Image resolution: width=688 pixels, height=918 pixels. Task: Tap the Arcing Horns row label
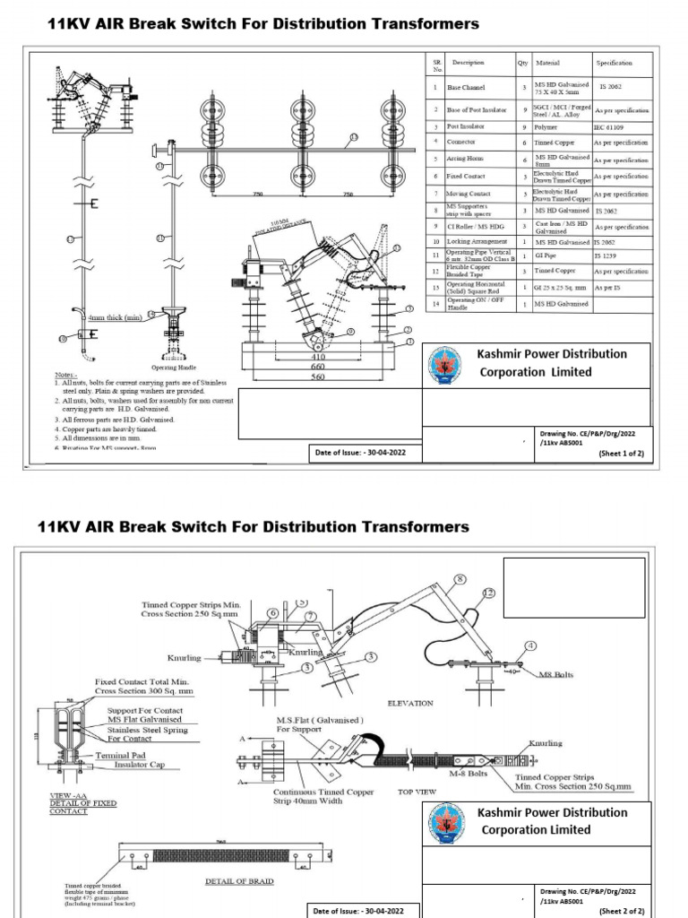pyautogui.click(x=467, y=159)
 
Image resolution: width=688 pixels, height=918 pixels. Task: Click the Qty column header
pyautogui.click(x=522, y=64)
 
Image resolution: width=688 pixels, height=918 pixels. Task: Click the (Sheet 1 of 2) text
pyautogui.click(x=621, y=455)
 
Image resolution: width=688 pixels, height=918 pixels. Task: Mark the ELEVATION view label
pyautogui.click(x=410, y=704)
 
